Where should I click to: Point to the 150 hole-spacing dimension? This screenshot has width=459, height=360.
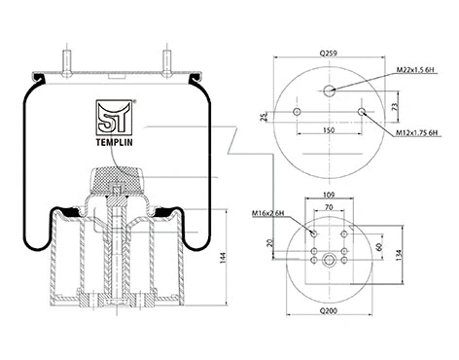[330, 128]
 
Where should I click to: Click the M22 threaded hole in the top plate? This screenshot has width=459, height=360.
[331, 90]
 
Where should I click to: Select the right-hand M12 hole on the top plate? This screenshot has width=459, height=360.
[363, 113]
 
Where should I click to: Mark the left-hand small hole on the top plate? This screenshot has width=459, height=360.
[298, 113]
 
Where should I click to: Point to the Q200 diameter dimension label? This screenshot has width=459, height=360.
[331, 336]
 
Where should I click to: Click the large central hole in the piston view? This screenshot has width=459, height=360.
[330, 258]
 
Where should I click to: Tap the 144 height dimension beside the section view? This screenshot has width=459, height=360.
[227, 257]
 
